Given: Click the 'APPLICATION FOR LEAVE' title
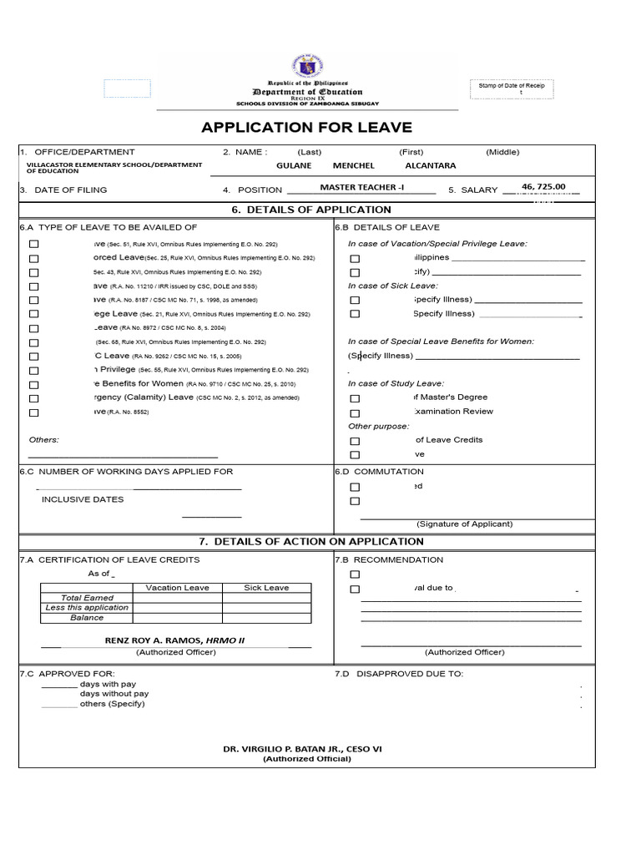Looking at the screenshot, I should point(306,127).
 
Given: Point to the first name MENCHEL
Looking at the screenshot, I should point(354,165).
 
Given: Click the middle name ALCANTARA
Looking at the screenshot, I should point(430,165).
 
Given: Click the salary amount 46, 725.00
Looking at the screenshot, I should point(543,187).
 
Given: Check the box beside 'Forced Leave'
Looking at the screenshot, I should point(34,259).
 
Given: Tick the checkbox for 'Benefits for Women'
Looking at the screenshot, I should point(34,385).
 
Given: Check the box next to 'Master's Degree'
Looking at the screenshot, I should point(355,398).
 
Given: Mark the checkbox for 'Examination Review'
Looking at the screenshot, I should point(355,412).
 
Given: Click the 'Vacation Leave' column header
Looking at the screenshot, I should point(177,588).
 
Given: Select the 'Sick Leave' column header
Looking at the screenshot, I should point(266,588).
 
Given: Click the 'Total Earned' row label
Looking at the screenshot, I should point(87,598).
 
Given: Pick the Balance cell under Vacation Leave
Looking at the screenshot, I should point(177,618).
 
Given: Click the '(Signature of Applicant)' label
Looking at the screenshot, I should point(465,524).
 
